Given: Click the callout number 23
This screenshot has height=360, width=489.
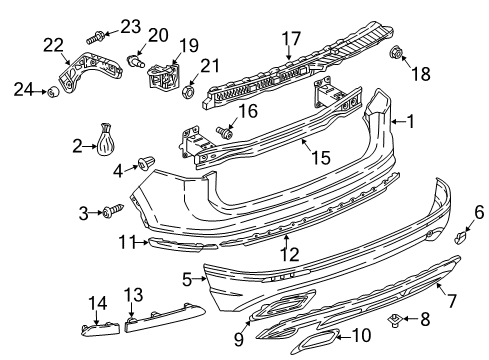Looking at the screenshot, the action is (130, 27).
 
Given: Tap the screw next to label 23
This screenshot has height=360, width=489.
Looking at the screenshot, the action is (95, 37).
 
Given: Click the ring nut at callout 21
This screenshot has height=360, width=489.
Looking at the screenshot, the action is (189, 91).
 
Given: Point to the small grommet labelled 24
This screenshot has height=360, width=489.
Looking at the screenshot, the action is (53, 91).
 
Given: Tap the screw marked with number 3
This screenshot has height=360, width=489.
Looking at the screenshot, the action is (113, 211).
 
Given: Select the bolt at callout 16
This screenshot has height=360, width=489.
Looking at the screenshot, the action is (224, 132).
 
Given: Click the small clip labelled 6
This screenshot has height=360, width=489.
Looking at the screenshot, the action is (460, 238).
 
